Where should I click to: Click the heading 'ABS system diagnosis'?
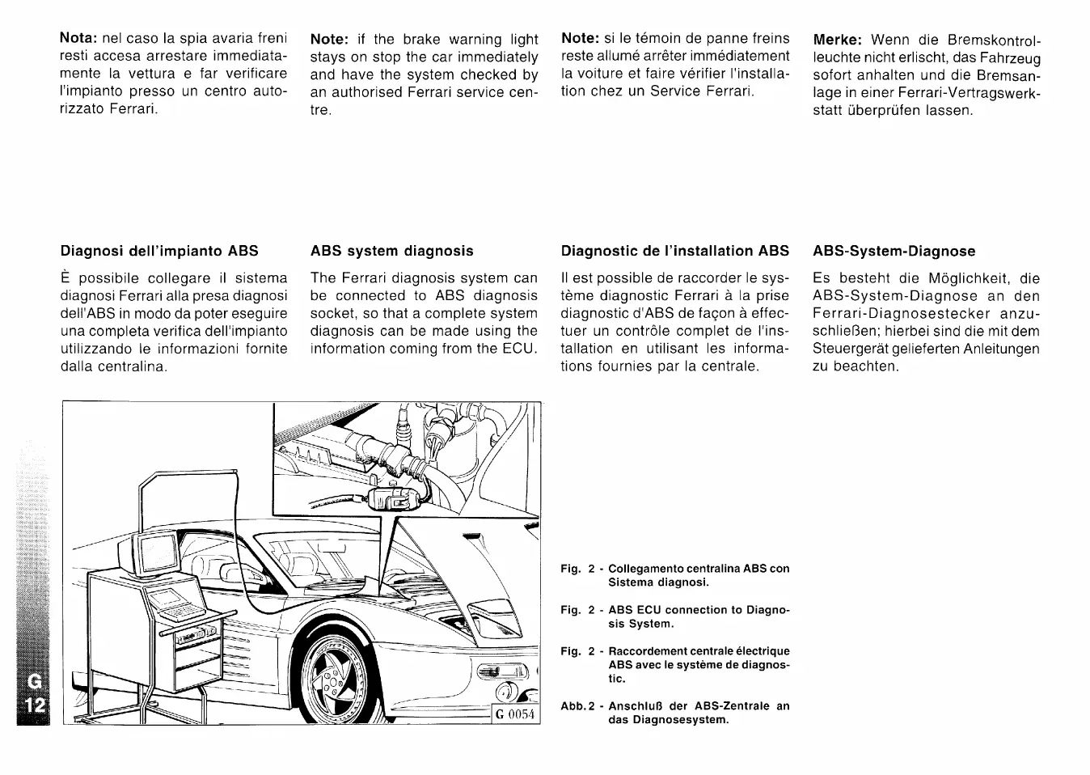point(391,251)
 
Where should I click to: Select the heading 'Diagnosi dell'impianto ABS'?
point(159,251)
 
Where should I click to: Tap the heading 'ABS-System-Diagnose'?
point(894,252)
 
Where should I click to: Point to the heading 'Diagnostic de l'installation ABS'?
point(674,251)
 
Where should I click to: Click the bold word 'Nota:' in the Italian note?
point(78,39)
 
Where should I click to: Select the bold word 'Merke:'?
point(838,40)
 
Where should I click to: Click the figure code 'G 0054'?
point(516,714)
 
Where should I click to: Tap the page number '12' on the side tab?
point(33,705)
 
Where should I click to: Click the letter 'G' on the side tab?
point(33,680)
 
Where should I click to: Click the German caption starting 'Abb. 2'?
point(675,712)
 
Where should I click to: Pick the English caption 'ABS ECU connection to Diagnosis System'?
point(675,616)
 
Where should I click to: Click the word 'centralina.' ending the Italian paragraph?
point(134,366)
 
